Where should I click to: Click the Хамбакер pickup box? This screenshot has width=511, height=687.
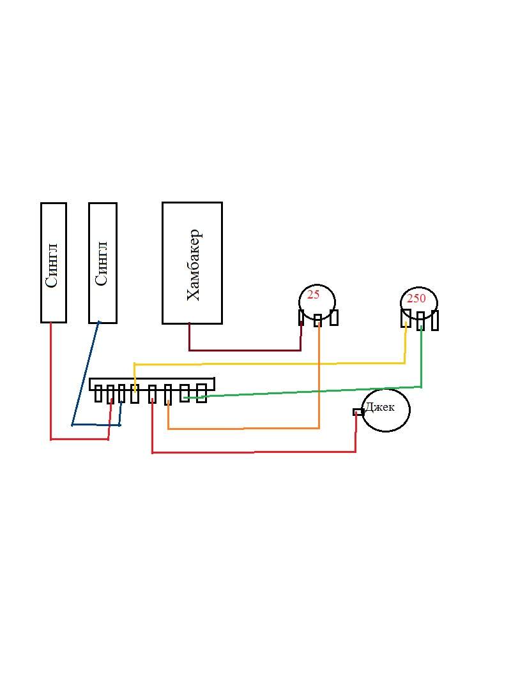pyautogui.click(x=192, y=263)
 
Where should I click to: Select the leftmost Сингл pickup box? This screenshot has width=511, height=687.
pyautogui.click(x=53, y=262)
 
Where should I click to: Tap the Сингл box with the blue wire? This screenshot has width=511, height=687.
pyautogui.click(x=102, y=262)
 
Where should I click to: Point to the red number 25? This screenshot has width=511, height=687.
pyautogui.click(x=313, y=295)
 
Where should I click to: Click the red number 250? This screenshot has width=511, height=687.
pyautogui.click(x=416, y=299)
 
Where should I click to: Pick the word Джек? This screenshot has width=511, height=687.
pyautogui.click(x=381, y=407)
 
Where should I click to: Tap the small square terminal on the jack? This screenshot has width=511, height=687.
pyautogui.click(x=358, y=412)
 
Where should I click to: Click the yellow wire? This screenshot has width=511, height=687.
pyautogui.click(x=268, y=364)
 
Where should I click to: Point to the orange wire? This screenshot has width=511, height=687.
pyautogui.click(x=243, y=429)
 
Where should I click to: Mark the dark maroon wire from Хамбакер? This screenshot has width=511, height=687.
pyautogui.click(x=243, y=350)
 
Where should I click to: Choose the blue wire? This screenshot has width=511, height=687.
pyautogui.click(x=85, y=373)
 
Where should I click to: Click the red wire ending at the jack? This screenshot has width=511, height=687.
pyautogui.click(x=256, y=452)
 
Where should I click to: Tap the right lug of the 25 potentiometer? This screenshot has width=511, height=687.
pyautogui.click(x=333, y=317)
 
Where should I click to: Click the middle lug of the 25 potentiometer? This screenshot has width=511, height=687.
pyautogui.click(x=317, y=320)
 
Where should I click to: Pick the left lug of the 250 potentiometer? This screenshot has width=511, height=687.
pyautogui.click(x=405, y=318)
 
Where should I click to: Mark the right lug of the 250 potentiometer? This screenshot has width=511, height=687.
pyautogui.click(x=435, y=320)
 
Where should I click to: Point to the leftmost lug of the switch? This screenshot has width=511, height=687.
pyautogui.click(x=98, y=394)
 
